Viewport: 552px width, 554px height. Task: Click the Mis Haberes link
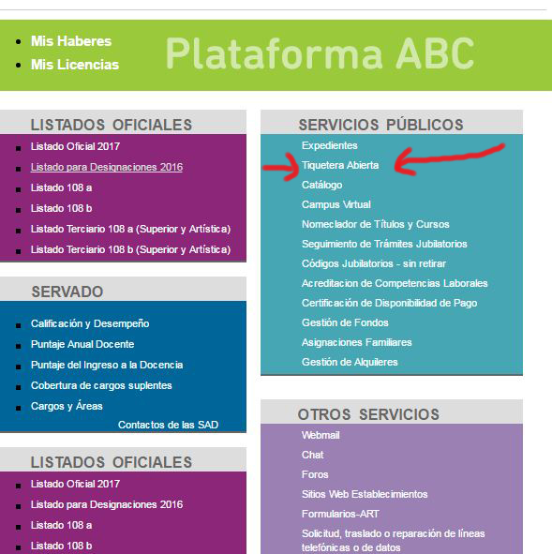pos(71,41)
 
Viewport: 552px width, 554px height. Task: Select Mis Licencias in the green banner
pos(75,65)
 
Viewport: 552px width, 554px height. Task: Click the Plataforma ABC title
pos(320,53)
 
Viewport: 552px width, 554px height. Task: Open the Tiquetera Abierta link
pos(340,165)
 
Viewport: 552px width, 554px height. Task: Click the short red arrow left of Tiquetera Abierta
pos(282,168)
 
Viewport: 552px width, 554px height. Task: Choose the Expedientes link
pos(330,145)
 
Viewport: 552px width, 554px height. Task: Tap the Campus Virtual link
pos(336,204)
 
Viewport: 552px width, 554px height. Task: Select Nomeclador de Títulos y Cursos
pos(376,224)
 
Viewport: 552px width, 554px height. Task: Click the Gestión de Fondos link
pos(345,322)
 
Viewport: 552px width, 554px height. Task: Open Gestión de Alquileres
pos(350,362)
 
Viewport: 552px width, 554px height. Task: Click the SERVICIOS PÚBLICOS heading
pos(380,125)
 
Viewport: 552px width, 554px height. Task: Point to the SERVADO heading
pos(67,292)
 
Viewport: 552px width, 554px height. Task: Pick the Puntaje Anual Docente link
pos(82,344)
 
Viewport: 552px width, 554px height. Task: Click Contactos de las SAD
pos(168,425)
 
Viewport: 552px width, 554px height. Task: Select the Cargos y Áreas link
pos(67,406)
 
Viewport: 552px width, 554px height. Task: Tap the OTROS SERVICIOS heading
pos(368,414)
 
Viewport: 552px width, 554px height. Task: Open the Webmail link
pos(321,435)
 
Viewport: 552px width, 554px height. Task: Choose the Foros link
pos(315,474)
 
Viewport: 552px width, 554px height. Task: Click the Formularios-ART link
pos(340,514)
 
